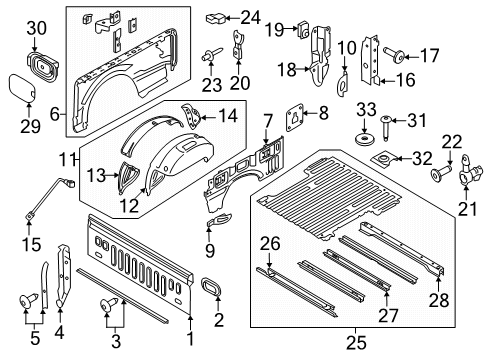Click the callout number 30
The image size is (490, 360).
click(x=34, y=29)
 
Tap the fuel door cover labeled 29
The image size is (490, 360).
click(x=21, y=88)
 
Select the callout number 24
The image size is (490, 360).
click(x=250, y=16)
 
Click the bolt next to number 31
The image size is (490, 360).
click(x=386, y=124)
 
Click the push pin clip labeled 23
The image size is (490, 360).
click(x=212, y=54)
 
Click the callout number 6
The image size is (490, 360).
click(x=56, y=115)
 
